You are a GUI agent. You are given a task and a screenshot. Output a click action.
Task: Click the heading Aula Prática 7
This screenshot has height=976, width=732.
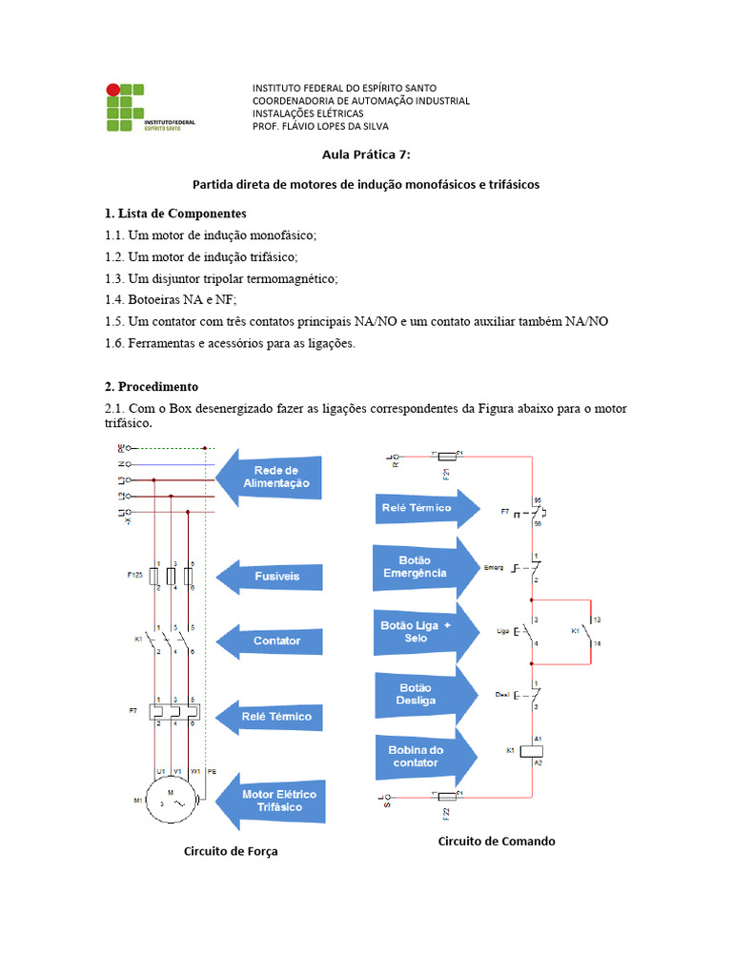pyautogui.click(x=365, y=153)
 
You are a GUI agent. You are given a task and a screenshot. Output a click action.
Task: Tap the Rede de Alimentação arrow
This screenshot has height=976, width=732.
pyautogui.click(x=271, y=477)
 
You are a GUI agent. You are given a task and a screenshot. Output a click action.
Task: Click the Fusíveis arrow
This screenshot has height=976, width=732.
pyautogui.click(x=271, y=577)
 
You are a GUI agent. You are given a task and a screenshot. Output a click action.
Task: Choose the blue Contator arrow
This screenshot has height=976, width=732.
pyautogui.click(x=271, y=640)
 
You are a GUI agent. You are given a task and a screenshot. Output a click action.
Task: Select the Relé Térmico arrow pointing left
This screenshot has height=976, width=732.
pyautogui.click(x=271, y=716)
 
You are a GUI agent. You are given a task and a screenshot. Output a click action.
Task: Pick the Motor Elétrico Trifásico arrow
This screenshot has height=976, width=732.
pyautogui.click(x=271, y=800)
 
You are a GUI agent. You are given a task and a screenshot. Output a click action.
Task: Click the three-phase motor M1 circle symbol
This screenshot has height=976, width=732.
pyautogui.click(x=173, y=800)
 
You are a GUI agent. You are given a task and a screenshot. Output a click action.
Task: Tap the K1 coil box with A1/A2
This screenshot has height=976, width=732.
pyautogui.click(x=531, y=750)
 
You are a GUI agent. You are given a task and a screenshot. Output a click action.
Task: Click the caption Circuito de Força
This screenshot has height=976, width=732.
pyautogui.click(x=231, y=851)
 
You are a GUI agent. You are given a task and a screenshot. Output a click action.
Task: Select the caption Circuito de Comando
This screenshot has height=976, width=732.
pyautogui.click(x=496, y=841)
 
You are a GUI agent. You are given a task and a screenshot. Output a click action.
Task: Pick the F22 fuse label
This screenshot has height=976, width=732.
pyautogui.click(x=445, y=813)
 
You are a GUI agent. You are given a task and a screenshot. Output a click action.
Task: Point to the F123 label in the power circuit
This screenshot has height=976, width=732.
pyautogui.click(x=134, y=577)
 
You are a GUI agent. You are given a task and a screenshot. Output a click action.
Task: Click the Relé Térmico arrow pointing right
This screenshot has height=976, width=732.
pyautogui.click(x=424, y=508)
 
